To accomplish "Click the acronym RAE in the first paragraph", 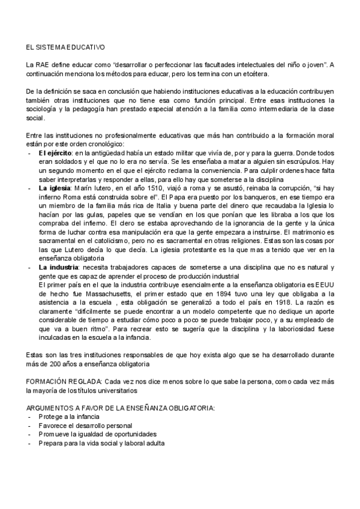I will [x=44, y=64].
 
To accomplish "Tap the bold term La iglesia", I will [x=52, y=188].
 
